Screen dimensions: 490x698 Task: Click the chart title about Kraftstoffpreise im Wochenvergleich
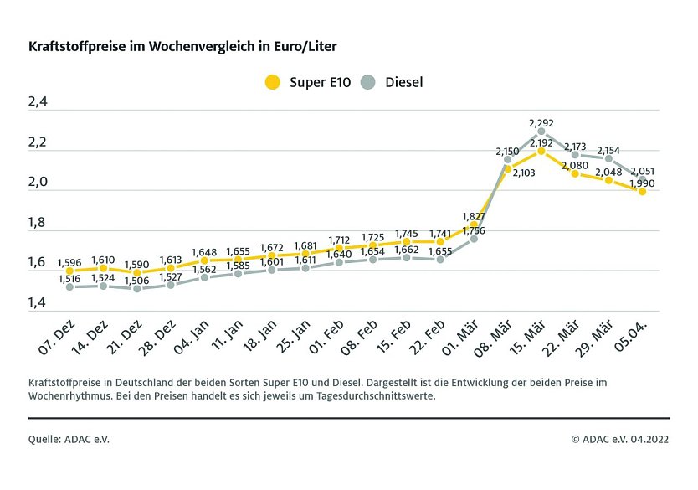183,46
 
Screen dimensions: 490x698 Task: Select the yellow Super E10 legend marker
272,81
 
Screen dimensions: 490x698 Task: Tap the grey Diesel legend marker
368,81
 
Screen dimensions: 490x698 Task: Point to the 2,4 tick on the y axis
38,102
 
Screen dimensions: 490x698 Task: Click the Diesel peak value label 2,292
541,122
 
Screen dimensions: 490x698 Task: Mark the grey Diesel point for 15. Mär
541,132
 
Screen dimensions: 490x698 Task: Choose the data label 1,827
475,216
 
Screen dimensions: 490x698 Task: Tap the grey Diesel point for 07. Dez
69,286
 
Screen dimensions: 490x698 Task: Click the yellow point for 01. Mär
475,224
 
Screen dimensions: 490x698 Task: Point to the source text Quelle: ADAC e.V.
69,438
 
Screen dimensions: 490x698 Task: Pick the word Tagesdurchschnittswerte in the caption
365,396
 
